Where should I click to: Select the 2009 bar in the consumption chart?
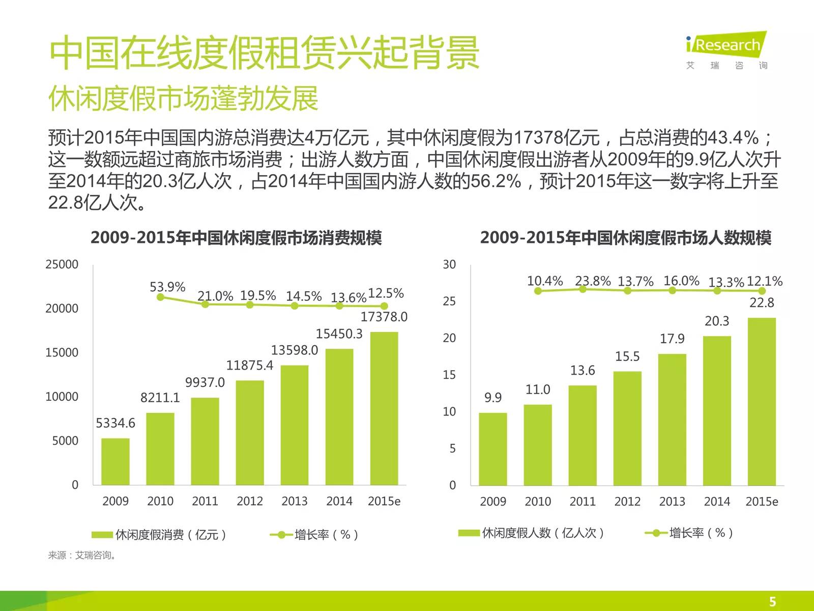tap(115, 461)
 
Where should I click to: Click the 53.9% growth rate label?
tap(167, 287)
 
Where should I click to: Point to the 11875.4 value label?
tap(249, 365)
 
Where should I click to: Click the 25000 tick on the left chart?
tap(62, 264)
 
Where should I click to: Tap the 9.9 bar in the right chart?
tap(492, 449)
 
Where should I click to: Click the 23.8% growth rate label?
tap(593, 281)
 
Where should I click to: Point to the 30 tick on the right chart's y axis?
tap(449, 264)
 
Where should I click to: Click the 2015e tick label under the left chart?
tap(384, 502)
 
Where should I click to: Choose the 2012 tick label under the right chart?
tap(627, 502)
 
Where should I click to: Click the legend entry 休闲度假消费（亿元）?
tap(159, 535)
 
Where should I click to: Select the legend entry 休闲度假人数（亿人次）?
tap(531, 533)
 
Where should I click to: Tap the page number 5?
tap(772, 601)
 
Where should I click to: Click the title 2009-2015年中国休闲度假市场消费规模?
tap(236, 238)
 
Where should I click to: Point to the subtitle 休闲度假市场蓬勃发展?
tap(183, 98)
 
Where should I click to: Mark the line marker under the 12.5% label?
tap(384, 306)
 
